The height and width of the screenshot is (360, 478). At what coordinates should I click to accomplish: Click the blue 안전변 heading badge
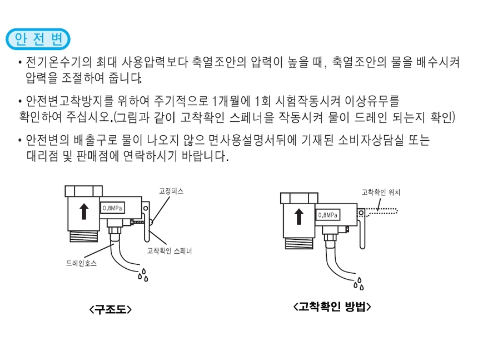click(x=37, y=40)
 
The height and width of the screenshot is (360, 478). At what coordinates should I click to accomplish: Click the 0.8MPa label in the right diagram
click(x=327, y=215)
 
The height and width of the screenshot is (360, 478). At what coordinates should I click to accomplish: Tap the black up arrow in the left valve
click(x=83, y=211)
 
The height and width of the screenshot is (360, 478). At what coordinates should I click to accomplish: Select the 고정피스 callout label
click(x=171, y=191)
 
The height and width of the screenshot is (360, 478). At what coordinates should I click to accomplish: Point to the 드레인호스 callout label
click(x=77, y=263)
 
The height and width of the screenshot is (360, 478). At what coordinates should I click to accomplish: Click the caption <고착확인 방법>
click(x=331, y=307)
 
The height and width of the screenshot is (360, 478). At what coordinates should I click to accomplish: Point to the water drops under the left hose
click(x=143, y=274)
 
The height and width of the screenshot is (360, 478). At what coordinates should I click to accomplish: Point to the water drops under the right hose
click(x=360, y=284)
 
